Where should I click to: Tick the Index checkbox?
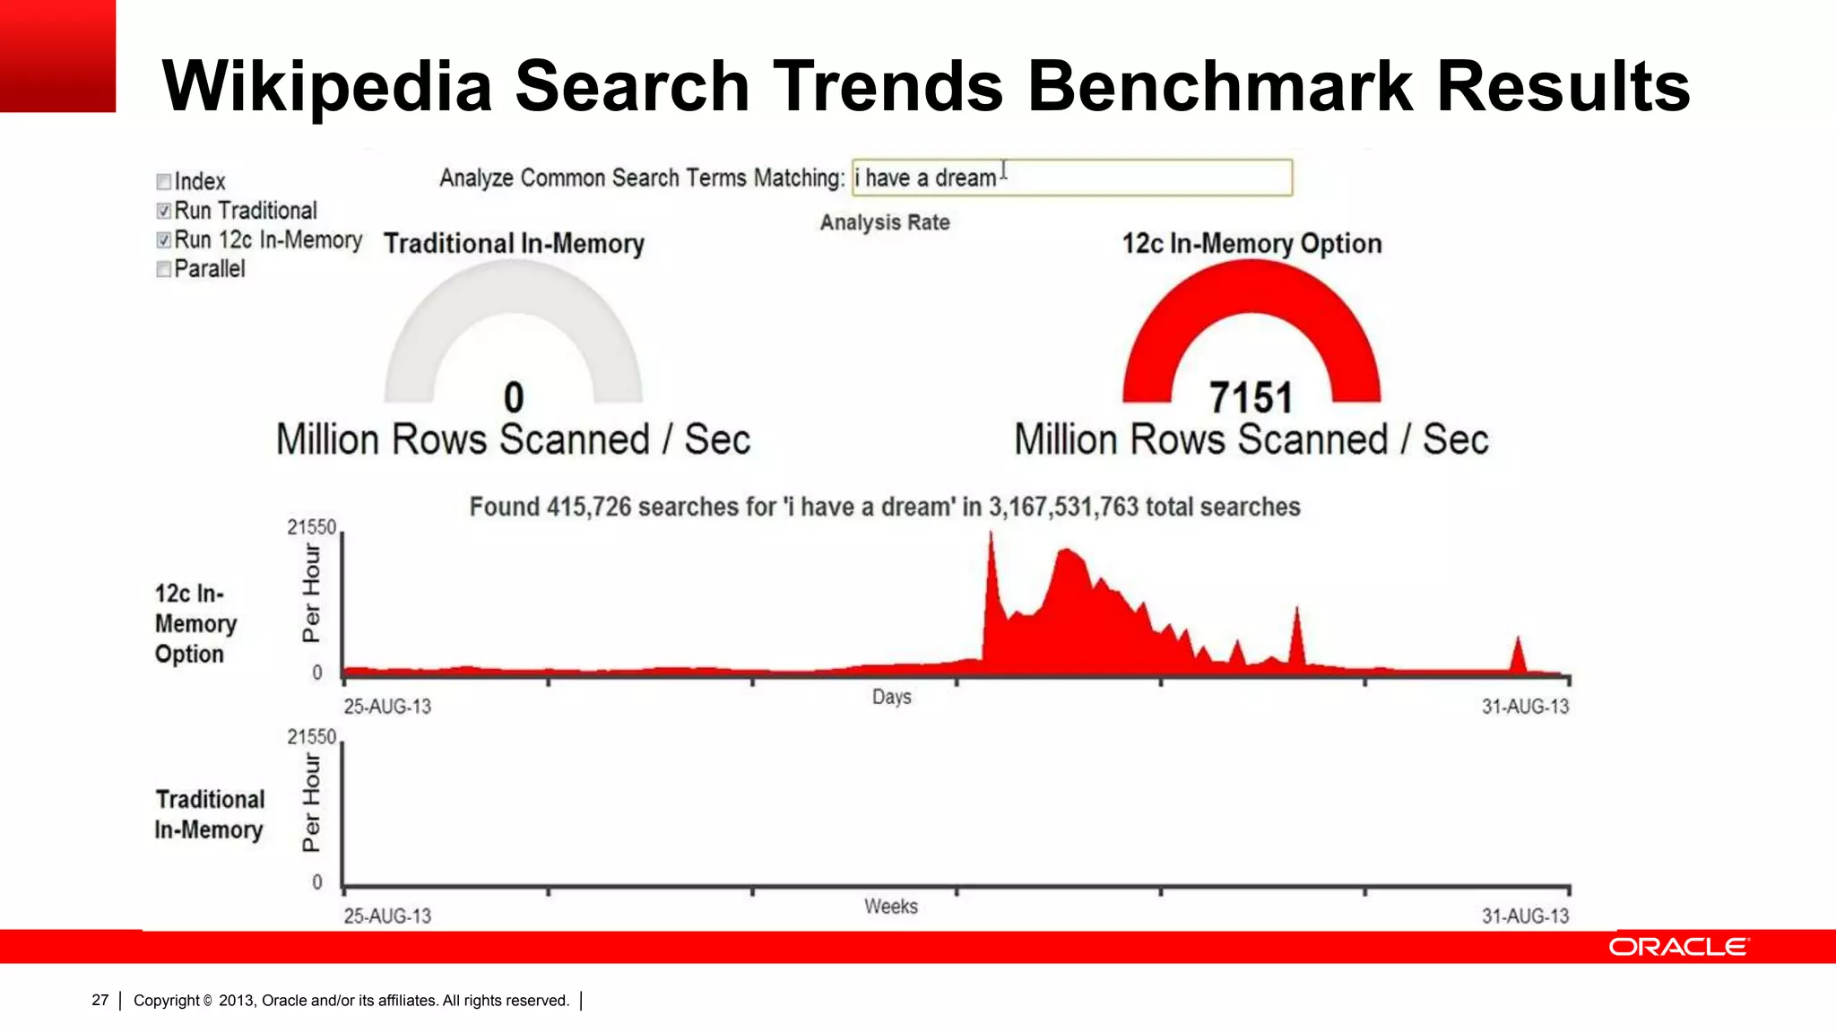point(163,182)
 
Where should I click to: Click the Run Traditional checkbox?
point(163,211)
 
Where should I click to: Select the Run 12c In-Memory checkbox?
point(163,240)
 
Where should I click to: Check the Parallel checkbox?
point(163,269)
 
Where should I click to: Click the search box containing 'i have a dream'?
point(1071,178)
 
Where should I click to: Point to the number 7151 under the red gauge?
point(1251,398)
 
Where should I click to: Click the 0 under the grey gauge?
point(514,398)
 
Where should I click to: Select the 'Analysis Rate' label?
point(885,222)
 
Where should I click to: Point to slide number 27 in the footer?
point(100,1000)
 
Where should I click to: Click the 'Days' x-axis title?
point(891,697)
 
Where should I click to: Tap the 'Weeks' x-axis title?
point(890,907)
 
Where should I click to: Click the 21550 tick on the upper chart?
point(311,527)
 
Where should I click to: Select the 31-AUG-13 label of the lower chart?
point(1525,916)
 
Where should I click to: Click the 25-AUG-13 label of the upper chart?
point(387,707)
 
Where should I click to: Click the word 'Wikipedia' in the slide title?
point(327,86)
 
